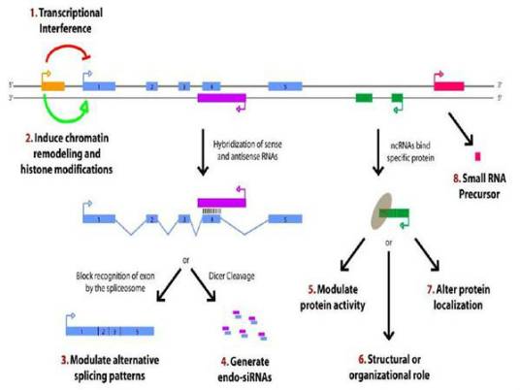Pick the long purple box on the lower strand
tap(221, 98)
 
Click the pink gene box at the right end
tap(448, 86)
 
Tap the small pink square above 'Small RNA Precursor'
tap(477, 155)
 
